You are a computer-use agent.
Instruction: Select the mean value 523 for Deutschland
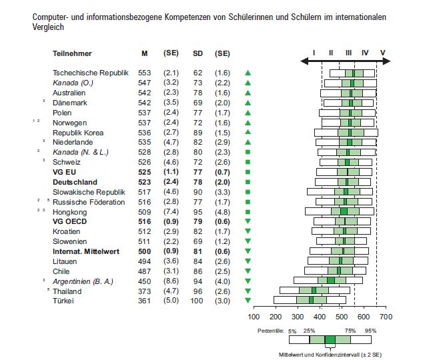pyautogui.click(x=144, y=182)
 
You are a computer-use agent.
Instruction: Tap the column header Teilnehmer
pyautogui.click(x=72, y=53)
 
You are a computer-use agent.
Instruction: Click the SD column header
pyautogui.click(x=198, y=53)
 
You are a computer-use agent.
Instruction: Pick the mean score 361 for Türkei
pyautogui.click(x=144, y=301)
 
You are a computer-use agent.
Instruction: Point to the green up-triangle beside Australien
pyautogui.click(x=248, y=93)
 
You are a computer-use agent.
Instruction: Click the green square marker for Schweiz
pyautogui.click(x=248, y=162)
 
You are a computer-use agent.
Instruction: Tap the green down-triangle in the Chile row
pyautogui.click(x=248, y=272)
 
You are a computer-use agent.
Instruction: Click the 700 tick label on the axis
pyautogui.click(x=386, y=317)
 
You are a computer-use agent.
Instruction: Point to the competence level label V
pyautogui.click(x=382, y=52)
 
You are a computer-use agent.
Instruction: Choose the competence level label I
pyautogui.click(x=314, y=52)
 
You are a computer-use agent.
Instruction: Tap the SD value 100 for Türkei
pyautogui.click(x=198, y=301)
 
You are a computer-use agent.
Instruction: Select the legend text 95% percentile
pyautogui.click(x=372, y=331)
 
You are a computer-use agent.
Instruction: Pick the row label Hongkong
pyautogui.click(x=70, y=212)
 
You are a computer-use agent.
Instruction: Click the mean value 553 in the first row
pyautogui.click(x=144, y=73)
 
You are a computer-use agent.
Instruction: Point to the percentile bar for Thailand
pyautogui.click(x=314, y=291)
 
